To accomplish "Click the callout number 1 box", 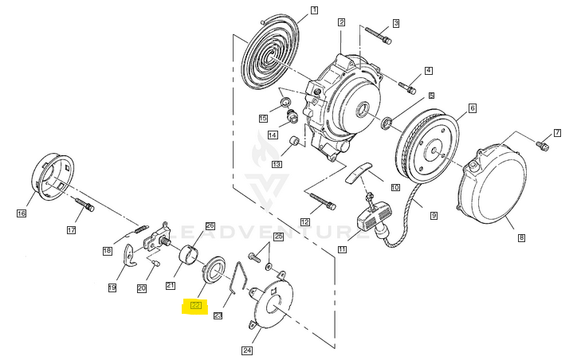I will click(314, 10).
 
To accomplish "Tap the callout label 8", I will click(521, 237).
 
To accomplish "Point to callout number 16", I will click(22, 213).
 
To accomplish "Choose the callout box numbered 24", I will click(247, 349).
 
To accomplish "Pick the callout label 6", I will click(472, 108).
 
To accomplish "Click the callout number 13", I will click(277, 164).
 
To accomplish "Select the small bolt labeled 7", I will click(543, 146).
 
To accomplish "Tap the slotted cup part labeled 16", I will click(53, 178).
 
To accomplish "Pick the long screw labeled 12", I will click(318, 200).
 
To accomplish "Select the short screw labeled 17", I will click(85, 206).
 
